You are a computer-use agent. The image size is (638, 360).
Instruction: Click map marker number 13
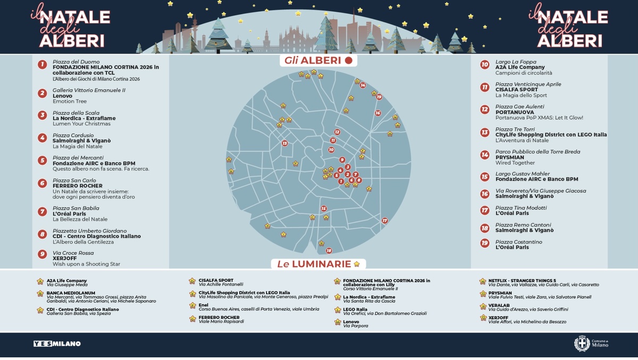tap(285, 143)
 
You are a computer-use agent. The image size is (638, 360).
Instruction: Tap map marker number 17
tap(385, 221)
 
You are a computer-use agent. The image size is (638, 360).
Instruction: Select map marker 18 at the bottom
tap(329, 250)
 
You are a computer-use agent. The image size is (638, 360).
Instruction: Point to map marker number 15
tap(324, 208)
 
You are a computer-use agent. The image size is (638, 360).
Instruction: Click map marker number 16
tap(378, 113)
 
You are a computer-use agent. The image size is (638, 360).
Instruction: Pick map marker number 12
tap(337, 132)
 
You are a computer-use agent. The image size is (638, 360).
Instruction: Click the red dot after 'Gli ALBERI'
tap(349, 61)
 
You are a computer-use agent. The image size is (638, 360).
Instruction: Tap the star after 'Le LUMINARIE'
tap(357, 264)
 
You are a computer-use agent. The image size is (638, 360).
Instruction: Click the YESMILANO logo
tap(57, 344)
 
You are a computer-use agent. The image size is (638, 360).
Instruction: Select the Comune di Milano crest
tap(582, 344)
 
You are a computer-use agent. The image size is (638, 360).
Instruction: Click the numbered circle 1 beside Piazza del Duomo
tap(42, 65)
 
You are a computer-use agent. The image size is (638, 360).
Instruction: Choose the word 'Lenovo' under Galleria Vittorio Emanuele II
tap(63, 96)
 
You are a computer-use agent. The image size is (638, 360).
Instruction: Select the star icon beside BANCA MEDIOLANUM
tap(40, 294)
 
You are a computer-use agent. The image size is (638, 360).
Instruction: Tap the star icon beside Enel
tap(192, 306)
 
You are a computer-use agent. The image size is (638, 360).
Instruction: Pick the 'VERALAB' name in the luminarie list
tap(500, 305)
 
